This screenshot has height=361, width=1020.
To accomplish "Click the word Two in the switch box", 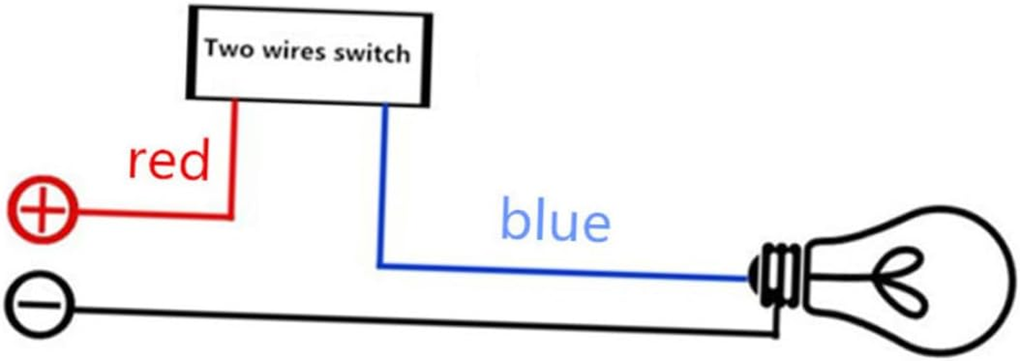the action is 229,47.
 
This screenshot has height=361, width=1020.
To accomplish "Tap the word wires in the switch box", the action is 294,51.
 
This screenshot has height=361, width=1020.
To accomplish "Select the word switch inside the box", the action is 372,54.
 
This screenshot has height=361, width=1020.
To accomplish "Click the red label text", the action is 169,160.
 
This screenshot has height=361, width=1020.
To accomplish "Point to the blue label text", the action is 556,219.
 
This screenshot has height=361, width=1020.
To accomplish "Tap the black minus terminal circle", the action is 40,305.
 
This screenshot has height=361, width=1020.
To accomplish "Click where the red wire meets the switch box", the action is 235,100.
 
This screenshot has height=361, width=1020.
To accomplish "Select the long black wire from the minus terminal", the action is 424,321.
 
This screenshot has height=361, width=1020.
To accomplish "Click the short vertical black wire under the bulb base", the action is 775,321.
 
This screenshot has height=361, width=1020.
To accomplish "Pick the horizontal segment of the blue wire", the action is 564,272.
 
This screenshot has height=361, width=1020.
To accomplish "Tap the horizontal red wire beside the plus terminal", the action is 153,214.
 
